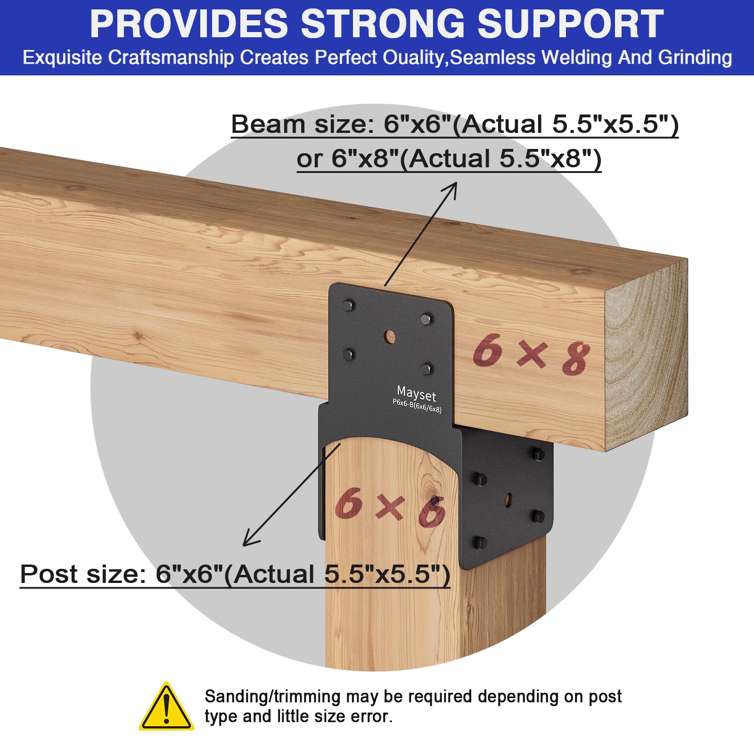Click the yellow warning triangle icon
(x=166, y=707)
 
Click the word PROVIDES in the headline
(x=189, y=24)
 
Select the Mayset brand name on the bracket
(x=417, y=393)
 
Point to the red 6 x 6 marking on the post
(x=390, y=507)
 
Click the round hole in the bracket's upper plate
(x=390, y=336)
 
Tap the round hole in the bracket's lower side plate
(x=508, y=500)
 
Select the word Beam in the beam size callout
(x=268, y=124)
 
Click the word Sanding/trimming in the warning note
(x=272, y=697)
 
